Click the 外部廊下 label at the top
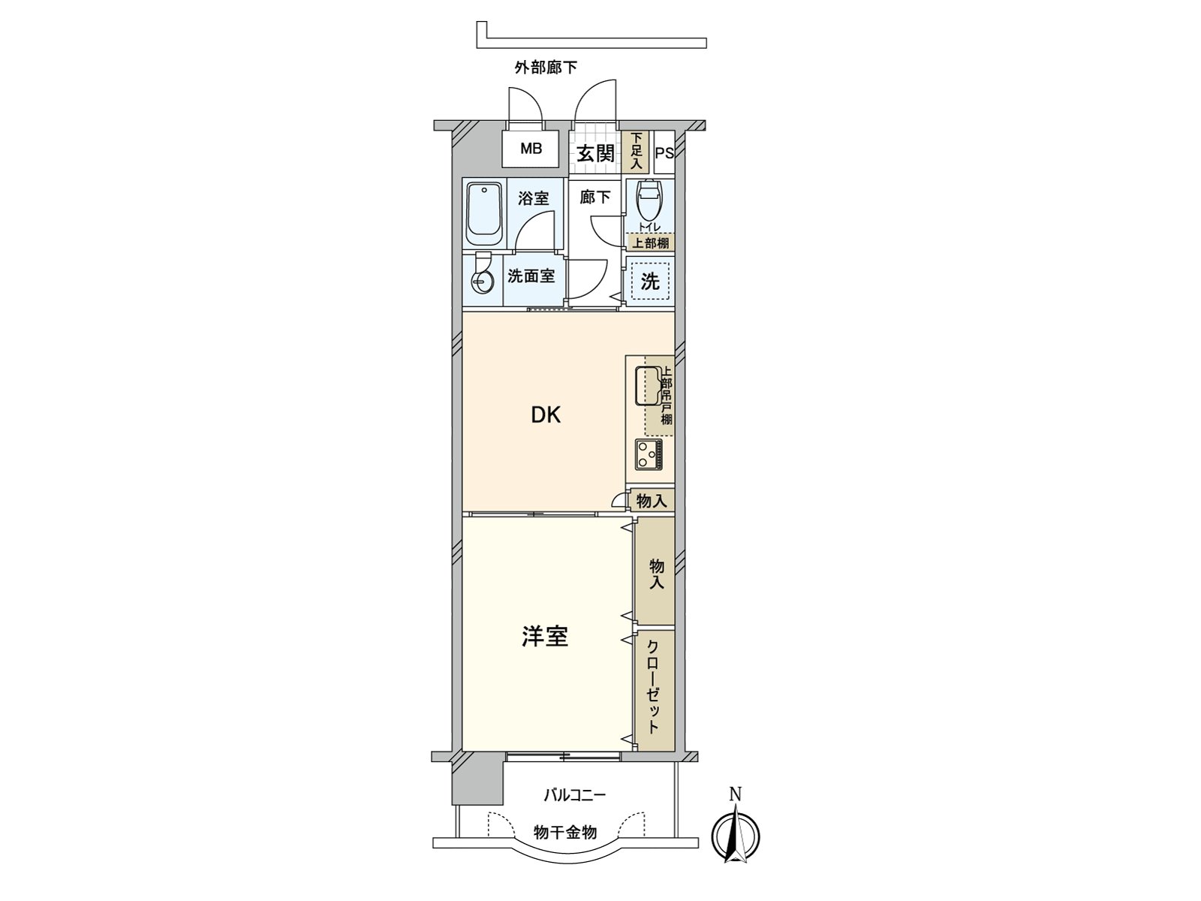(546, 68)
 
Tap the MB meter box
(531, 149)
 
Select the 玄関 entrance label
(594, 153)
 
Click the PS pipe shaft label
(664, 153)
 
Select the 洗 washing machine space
(650, 282)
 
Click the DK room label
(546, 415)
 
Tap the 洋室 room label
(545, 637)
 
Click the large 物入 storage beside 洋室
(655, 572)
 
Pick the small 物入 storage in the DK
(652, 501)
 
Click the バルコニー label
(575, 794)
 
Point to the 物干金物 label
(565, 832)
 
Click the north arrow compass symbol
(736, 833)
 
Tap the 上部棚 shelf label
(650, 243)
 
